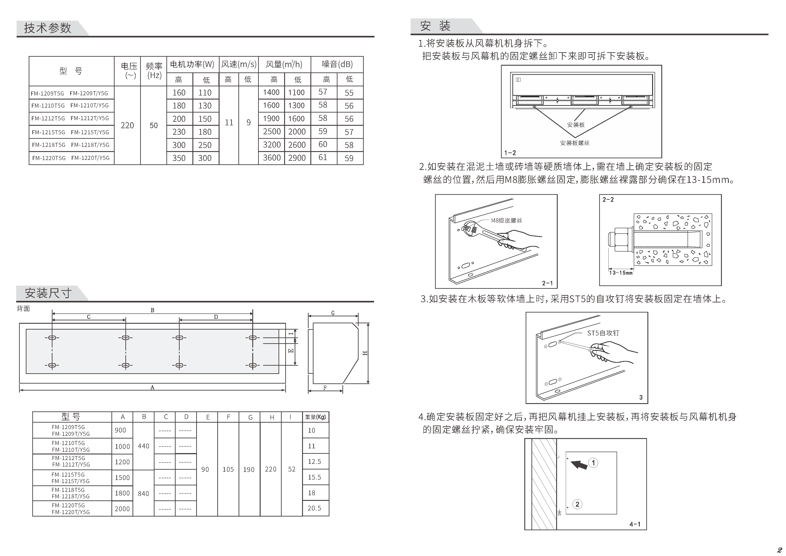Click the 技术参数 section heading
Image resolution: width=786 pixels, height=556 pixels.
point(48,28)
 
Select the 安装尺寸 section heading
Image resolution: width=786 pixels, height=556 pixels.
point(48,293)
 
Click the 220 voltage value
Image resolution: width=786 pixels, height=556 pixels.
point(127,125)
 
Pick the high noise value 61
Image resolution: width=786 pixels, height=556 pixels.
point(323,157)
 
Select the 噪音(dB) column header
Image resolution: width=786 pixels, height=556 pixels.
point(337,64)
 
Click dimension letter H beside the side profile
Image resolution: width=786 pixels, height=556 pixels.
point(365,353)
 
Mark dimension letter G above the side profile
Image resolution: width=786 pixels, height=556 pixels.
point(333,313)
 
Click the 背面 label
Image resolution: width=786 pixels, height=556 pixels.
point(23,308)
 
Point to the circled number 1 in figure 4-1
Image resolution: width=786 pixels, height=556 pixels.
point(593,463)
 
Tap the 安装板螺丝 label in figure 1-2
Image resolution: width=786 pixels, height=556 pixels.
point(575,143)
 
